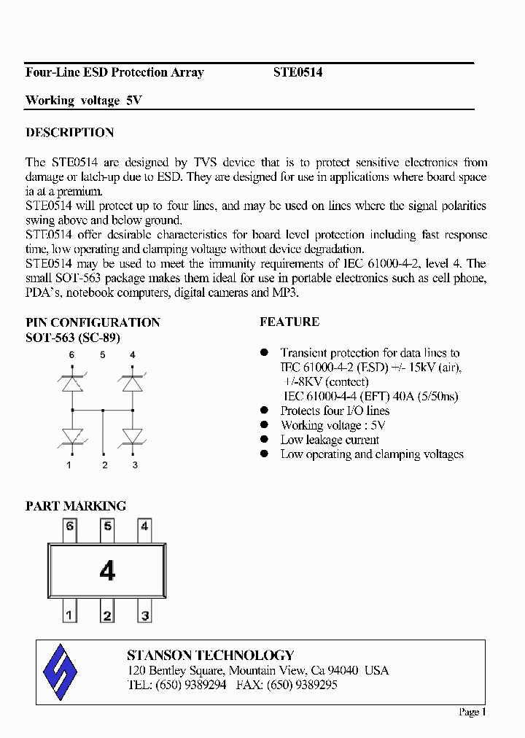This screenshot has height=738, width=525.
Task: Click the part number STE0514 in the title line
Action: [x=297, y=72]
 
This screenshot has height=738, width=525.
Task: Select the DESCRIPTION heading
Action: [x=69, y=133]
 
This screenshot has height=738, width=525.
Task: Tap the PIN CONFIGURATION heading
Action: [x=93, y=322]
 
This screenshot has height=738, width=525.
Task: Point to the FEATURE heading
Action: [x=289, y=322]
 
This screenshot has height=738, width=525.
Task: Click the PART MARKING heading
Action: [x=76, y=505]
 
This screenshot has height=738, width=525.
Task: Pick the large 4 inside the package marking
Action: [x=107, y=571]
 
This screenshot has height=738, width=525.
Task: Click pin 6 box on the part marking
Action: [x=70, y=527]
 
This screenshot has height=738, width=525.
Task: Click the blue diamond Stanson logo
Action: [x=61, y=672]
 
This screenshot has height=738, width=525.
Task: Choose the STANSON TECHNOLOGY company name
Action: [x=210, y=655]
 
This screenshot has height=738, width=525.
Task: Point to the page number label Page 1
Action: [x=472, y=712]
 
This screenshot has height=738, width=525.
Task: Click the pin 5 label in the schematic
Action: [x=103, y=355]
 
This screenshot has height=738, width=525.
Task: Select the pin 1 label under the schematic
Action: [x=70, y=465]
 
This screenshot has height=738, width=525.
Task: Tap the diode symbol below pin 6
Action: [x=71, y=383]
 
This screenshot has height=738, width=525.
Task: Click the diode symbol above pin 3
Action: [x=133, y=435]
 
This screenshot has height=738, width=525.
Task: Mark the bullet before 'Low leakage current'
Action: [x=265, y=440]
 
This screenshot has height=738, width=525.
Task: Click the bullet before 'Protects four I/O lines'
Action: [x=265, y=411]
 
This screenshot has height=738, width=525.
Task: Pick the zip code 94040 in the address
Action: [x=343, y=670]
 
